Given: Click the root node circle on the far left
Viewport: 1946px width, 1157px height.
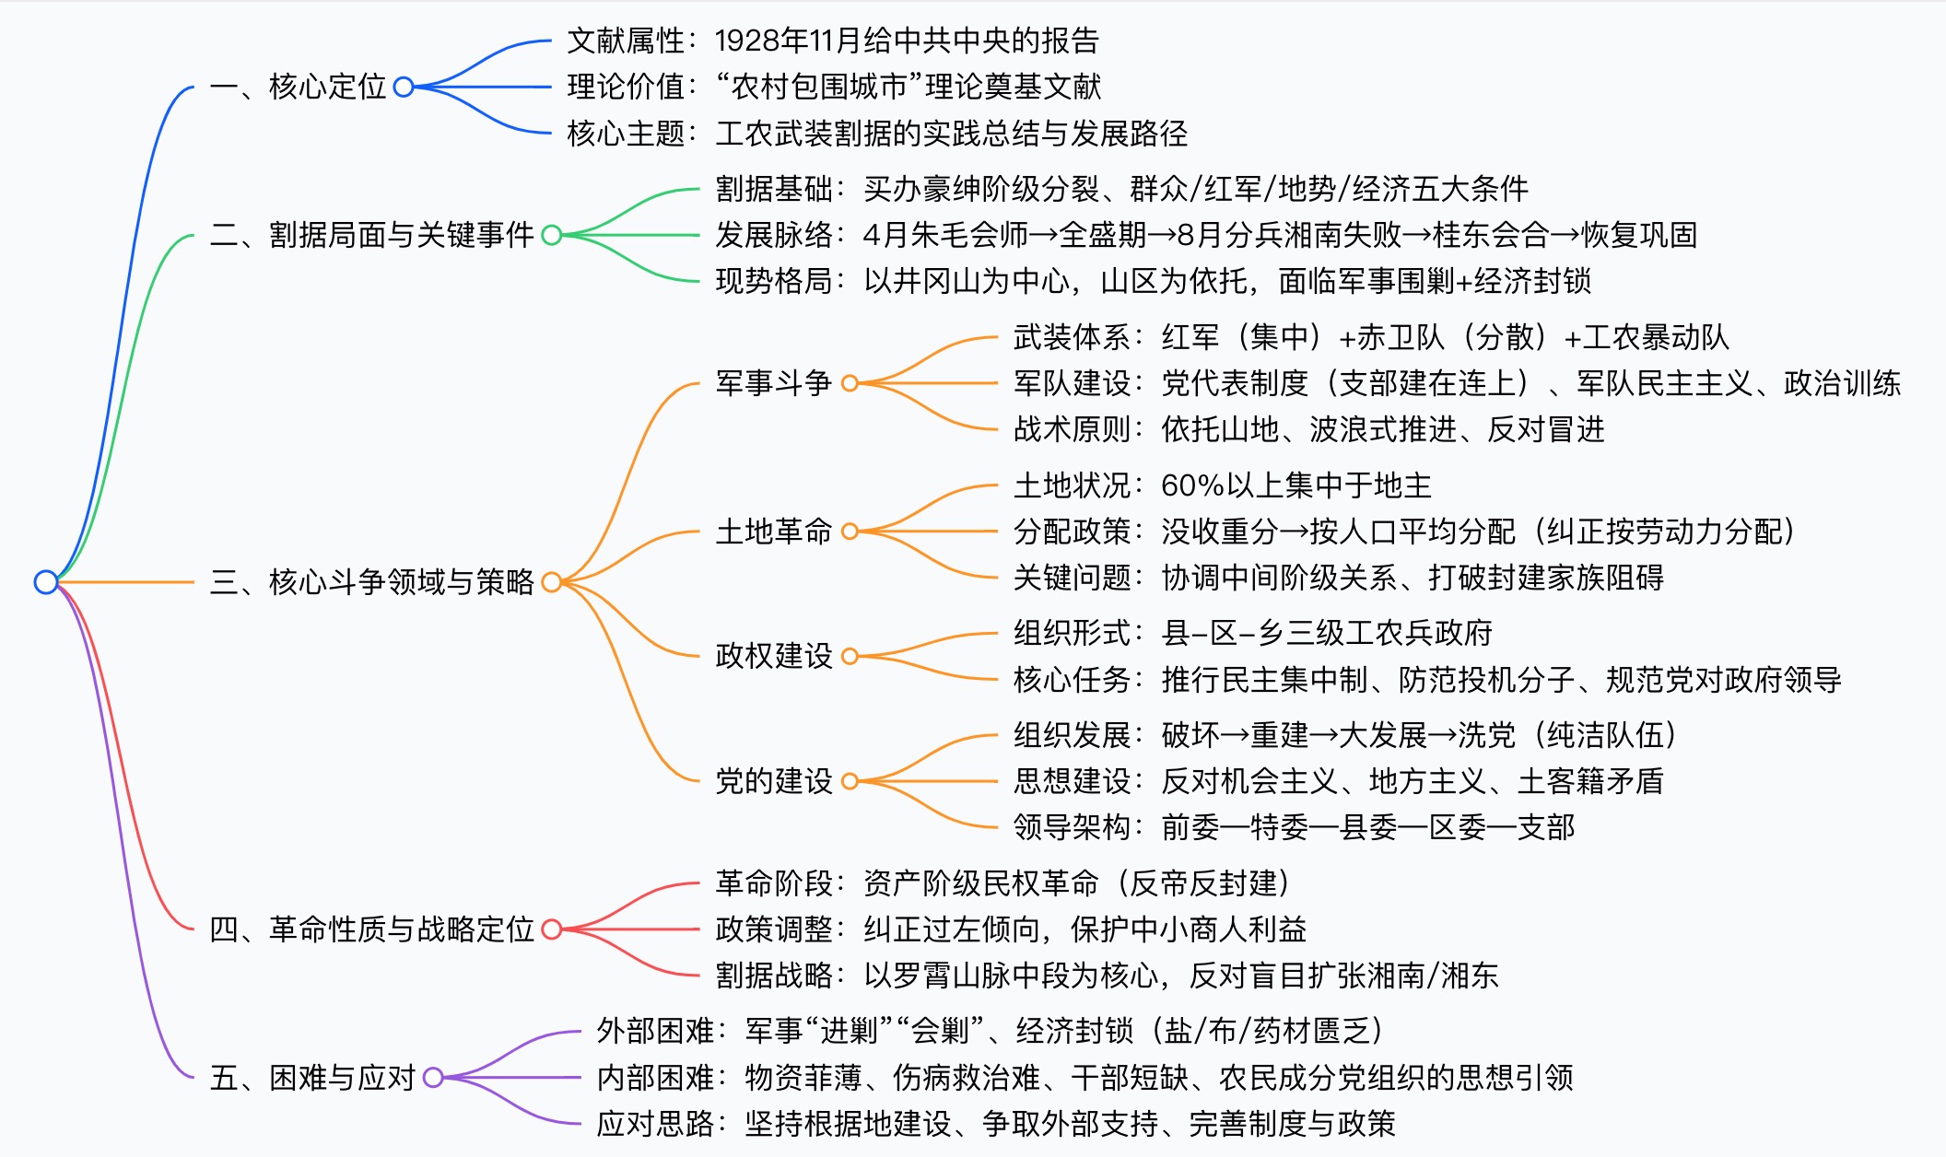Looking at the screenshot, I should (46, 582).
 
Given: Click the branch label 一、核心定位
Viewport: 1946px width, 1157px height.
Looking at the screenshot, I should (298, 87).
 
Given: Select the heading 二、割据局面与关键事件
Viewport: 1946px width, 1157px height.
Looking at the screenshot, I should (372, 235).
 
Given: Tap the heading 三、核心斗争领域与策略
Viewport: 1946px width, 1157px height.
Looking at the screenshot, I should (372, 582).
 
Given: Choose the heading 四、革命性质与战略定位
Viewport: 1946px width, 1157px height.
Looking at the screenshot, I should (372, 929).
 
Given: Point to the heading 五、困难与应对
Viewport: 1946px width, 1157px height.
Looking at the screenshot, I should (312, 1078).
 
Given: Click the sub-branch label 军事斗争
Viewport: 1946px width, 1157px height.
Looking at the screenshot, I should (774, 383).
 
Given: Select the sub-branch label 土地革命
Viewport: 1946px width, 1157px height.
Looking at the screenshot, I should (774, 532).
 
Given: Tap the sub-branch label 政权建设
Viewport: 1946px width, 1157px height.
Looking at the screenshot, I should (774, 656).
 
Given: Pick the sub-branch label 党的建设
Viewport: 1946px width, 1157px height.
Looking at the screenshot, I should (774, 781).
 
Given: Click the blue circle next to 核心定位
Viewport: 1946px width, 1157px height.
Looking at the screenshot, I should (404, 87).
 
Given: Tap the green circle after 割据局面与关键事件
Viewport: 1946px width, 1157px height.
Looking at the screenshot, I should (552, 235).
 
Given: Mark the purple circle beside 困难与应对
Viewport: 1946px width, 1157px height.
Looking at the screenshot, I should (433, 1078).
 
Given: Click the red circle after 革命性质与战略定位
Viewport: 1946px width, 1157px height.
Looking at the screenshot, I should (552, 929).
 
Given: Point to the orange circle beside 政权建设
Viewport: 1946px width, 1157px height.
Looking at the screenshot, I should (850, 656).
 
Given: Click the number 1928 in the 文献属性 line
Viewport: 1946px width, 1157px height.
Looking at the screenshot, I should (747, 41).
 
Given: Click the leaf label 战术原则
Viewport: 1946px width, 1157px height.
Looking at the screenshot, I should (1072, 429).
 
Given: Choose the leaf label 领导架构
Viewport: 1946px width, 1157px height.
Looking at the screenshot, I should (1072, 827).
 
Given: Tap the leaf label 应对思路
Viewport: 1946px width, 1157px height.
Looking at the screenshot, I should (655, 1124).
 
